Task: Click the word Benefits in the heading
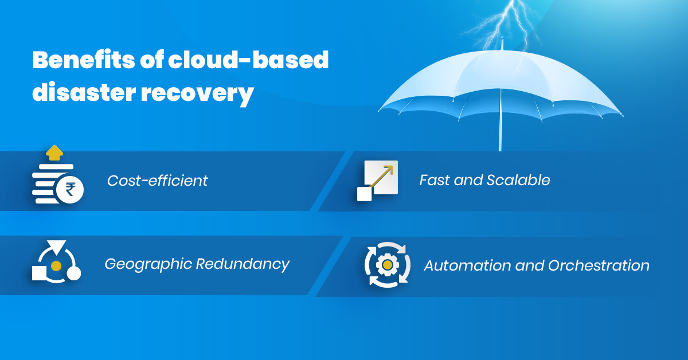pyautogui.click(x=84, y=60)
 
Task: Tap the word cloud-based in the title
pyautogui.click(x=248, y=60)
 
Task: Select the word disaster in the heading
pyautogui.click(x=84, y=92)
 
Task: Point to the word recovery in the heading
pyautogui.click(x=197, y=95)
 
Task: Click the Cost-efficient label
pyautogui.click(x=157, y=181)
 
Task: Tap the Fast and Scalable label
pyautogui.click(x=484, y=180)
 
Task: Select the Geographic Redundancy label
pyautogui.click(x=197, y=264)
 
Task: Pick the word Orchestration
pyautogui.click(x=599, y=265)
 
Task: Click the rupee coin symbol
pyautogui.click(x=70, y=190)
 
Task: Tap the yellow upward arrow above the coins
pyautogui.click(x=54, y=152)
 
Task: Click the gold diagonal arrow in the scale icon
pyautogui.click(x=381, y=177)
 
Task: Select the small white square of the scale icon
pyautogui.click(x=364, y=194)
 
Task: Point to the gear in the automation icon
pyautogui.click(x=388, y=264)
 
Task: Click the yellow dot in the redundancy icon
pyautogui.click(x=56, y=265)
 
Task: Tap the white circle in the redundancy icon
pyautogui.click(x=74, y=273)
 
